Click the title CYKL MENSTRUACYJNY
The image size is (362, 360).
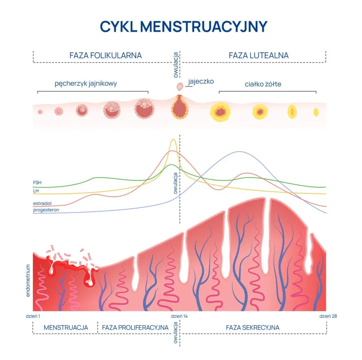click(183, 26)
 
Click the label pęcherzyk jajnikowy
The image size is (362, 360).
click(86, 84)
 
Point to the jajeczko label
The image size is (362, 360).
click(201, 81)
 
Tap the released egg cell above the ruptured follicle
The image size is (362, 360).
click(179, 86)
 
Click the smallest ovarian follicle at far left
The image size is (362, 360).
click(40, 112)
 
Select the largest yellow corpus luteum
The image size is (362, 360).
click(221, 111)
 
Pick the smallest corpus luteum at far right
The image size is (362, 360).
click(316, 112)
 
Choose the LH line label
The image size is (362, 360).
click(36, 190)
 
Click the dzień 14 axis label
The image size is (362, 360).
click(179, 316)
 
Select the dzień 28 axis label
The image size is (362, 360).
click(328, 316)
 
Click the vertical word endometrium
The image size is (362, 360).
click(28, 280)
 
